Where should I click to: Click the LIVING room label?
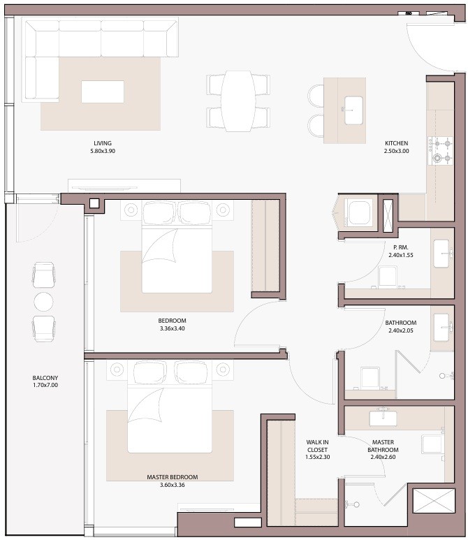click(x=103, y=143)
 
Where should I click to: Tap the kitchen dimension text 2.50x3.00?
click(x=396, y=151)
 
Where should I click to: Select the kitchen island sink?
click(x=353, y=110)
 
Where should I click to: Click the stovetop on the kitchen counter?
click(x=440, y=150)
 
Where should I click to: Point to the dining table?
click(x=238, y=101)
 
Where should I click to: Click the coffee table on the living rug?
click(x=103, y=92)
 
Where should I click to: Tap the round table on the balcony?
click(x=43, y=302)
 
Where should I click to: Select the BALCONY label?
click(x=45, y=377)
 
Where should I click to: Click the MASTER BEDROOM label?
click(x=173, y=477)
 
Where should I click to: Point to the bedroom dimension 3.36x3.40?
click(x=173, y=328)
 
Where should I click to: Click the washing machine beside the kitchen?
click(x=359, y=212)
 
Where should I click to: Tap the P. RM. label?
click(x=400, y=247)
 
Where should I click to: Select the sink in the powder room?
click(x=442, y=254)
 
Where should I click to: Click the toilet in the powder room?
click(x=388, y=277)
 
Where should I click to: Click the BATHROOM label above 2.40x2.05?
click(x=400, y=323)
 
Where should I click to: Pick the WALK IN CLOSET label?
click(x=317, y=446)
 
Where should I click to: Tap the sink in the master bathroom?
click(x=383, y=418)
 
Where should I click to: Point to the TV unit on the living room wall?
click(x=124, y=186)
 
